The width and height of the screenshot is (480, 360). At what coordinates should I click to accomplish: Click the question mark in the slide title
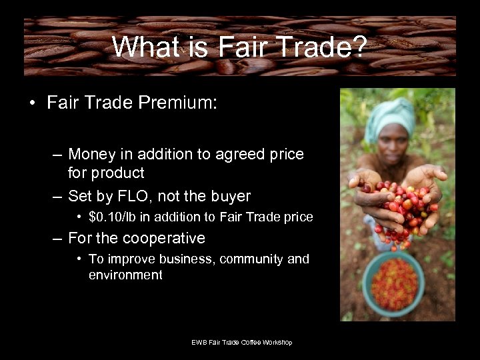point(358,47)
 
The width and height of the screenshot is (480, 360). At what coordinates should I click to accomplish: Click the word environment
point(125,275)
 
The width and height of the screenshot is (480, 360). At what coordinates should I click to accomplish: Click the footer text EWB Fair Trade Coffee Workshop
point(242,343)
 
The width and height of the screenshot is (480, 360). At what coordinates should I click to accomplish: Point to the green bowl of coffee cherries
point(394,283)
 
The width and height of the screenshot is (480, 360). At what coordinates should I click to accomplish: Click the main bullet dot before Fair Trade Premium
point(32,104)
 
